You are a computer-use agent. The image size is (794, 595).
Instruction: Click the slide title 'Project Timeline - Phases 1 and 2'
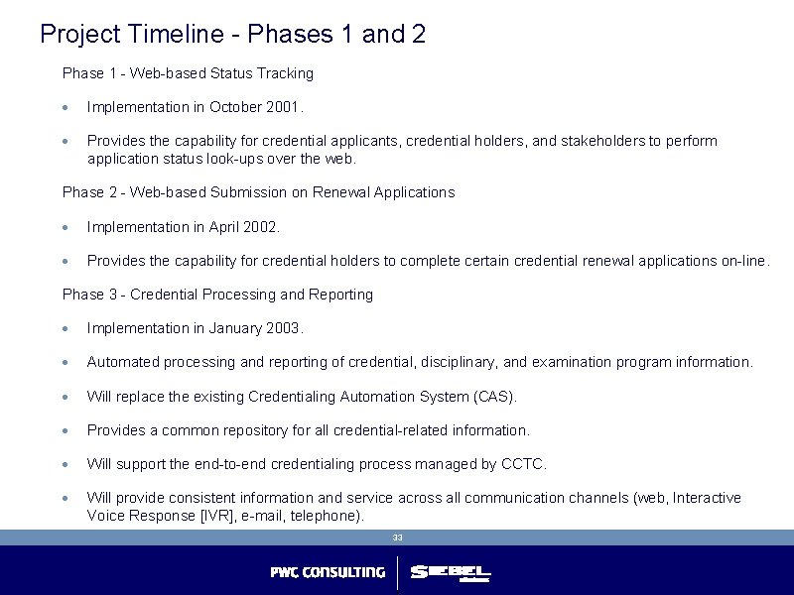pos(233,35)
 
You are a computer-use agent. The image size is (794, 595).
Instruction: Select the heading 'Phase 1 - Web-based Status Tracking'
pos(188,73)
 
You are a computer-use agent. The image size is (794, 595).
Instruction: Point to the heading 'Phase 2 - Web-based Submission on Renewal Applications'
pos(258,192)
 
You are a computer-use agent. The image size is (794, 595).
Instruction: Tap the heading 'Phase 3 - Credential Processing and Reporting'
pos(217,295)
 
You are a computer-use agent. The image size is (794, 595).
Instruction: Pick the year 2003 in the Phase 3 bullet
pos(284,328)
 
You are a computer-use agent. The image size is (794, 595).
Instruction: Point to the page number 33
pos(397,537)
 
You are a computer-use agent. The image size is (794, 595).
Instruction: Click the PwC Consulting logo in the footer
pos(328,572)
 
